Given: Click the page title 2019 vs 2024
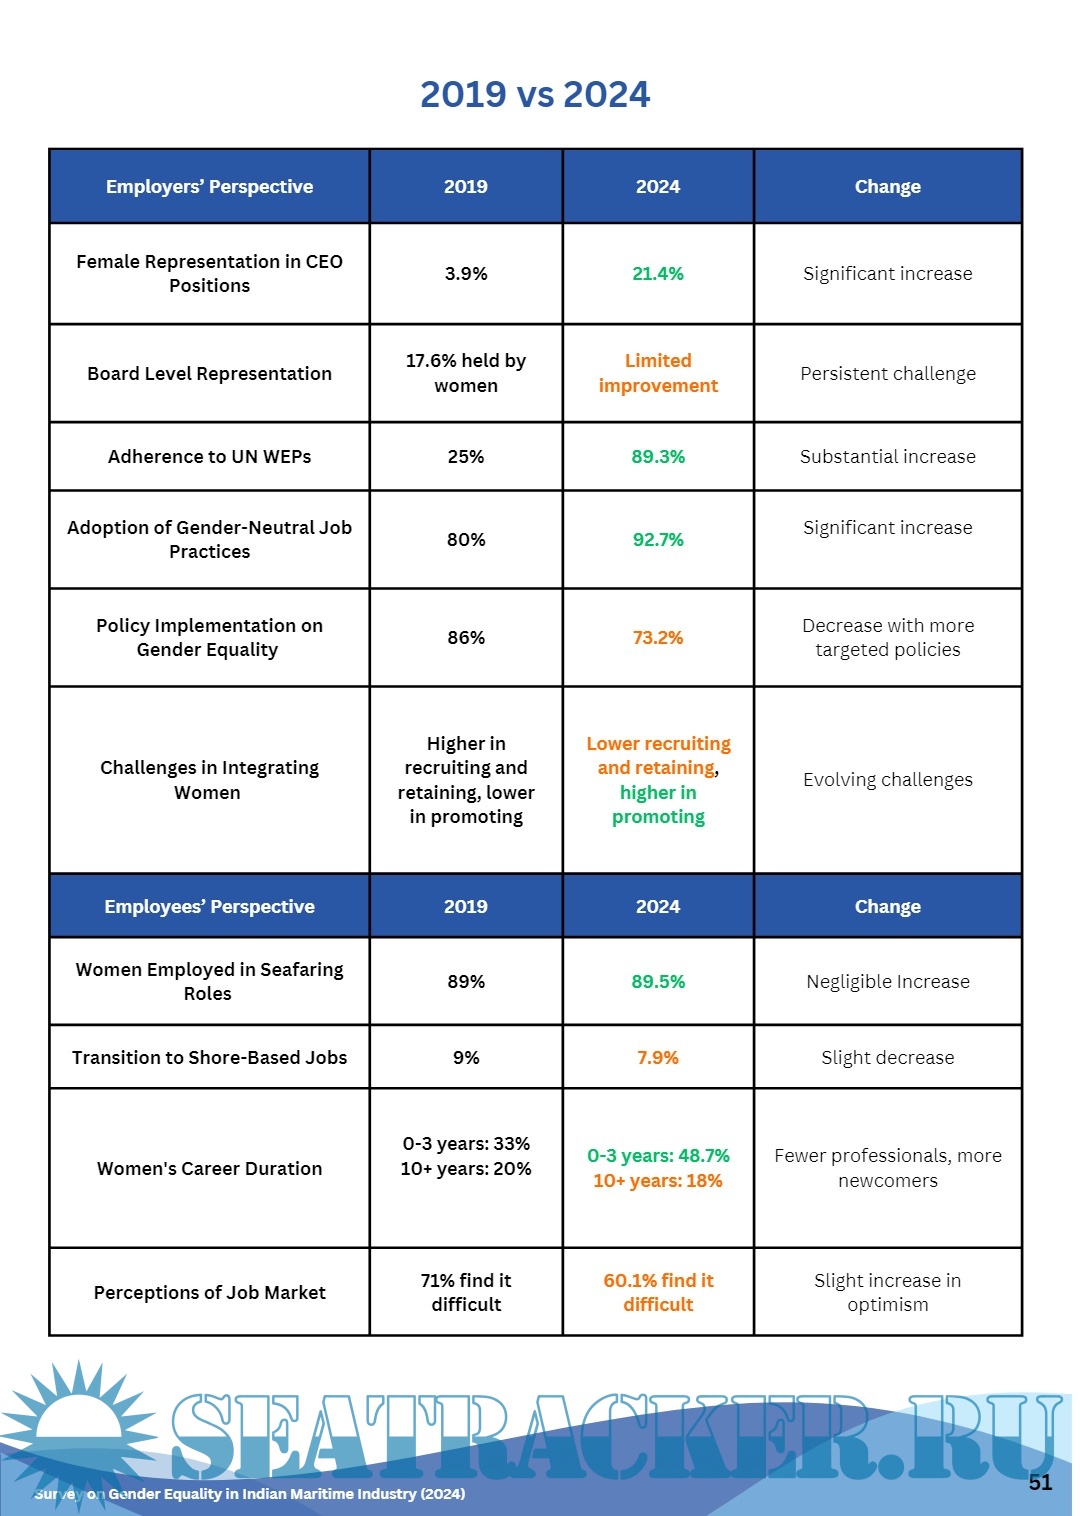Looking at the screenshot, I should click(x=535, y=94).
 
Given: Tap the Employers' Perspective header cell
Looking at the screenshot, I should click(x=209, y=187).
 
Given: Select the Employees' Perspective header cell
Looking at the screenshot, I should click(x=209, y=907).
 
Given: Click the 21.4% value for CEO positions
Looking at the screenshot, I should click(x=658, y=274).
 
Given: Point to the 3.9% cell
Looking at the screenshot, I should click(x=466, y=274).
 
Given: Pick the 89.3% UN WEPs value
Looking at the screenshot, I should click(x=658, y=457).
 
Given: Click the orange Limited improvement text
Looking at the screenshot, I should click(x=658, y=373).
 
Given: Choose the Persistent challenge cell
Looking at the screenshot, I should click(x=888, y=374).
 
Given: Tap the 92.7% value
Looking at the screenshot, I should click(x=658, y=540).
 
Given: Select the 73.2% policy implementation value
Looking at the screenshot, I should click(x=658, y=638).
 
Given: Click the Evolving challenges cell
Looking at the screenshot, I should click(x=888, y=780).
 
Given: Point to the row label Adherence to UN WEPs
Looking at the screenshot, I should click(x=209, y=457).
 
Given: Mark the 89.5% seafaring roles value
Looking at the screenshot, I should click(x=658, y=982).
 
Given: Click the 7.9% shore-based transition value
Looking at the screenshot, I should click(x=658, y=1058).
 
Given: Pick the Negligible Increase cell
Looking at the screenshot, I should click(x=888, y=982).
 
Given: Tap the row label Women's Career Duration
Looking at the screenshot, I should click(x=209, y=1169).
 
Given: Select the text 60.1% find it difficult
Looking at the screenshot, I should click(x=658, y=1293).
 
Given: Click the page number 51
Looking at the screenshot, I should click(x=1040, y=1483).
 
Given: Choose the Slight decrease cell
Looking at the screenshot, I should click(x=888, y=1058).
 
